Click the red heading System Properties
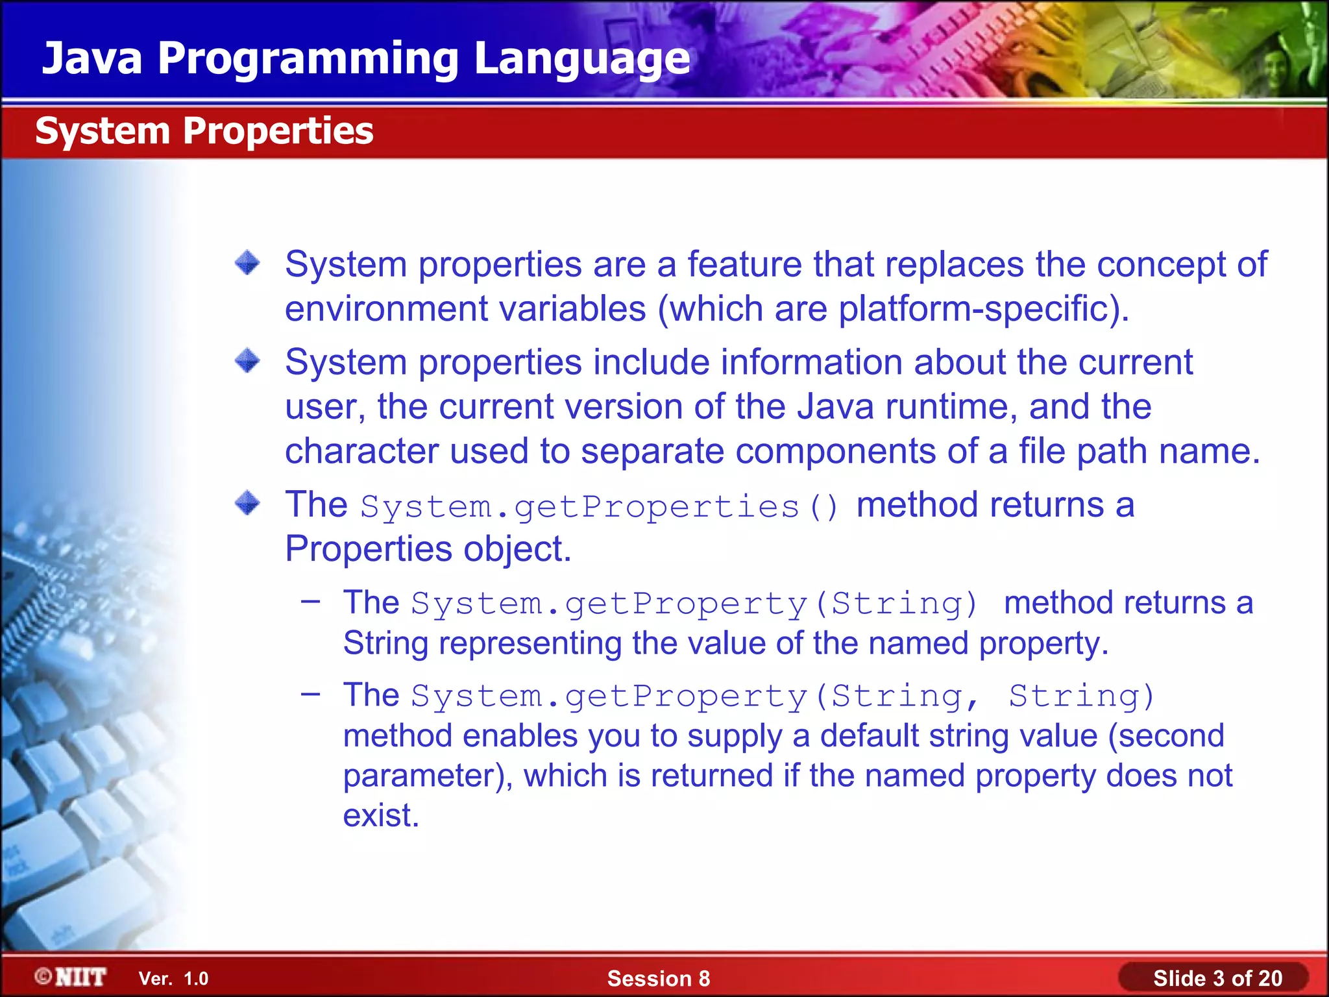click(x=204, y=131)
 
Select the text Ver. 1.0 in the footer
click(x=173, y=978)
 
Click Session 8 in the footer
click(x=658, y=978)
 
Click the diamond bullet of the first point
click(x=247, y=264)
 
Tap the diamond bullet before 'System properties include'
click(x=247, y=361)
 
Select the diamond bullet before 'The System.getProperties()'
click(x=247, y=503)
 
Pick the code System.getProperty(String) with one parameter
click(x=694, y=604)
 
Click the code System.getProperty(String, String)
click(x=782, y=696)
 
